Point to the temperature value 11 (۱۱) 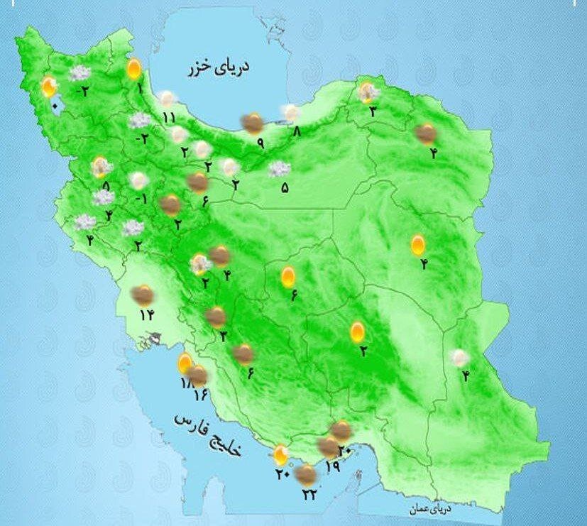coord(168,117)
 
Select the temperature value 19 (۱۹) coord(331,466)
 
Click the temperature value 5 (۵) coord(285,188)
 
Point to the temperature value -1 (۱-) coord(141,199)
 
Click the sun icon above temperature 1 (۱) coord(133,70)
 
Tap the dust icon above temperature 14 coord(144,293)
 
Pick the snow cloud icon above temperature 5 coord(280,169)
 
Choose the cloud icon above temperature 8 coord(291,111)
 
